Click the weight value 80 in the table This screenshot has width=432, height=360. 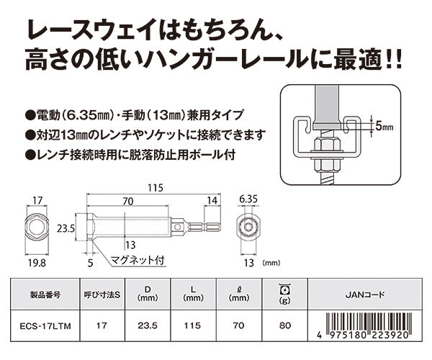(284, 324)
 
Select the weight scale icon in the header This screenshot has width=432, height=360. (284, 289)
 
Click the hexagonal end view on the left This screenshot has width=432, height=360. (36, 226)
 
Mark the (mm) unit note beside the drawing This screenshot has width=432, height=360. (274, 264)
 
